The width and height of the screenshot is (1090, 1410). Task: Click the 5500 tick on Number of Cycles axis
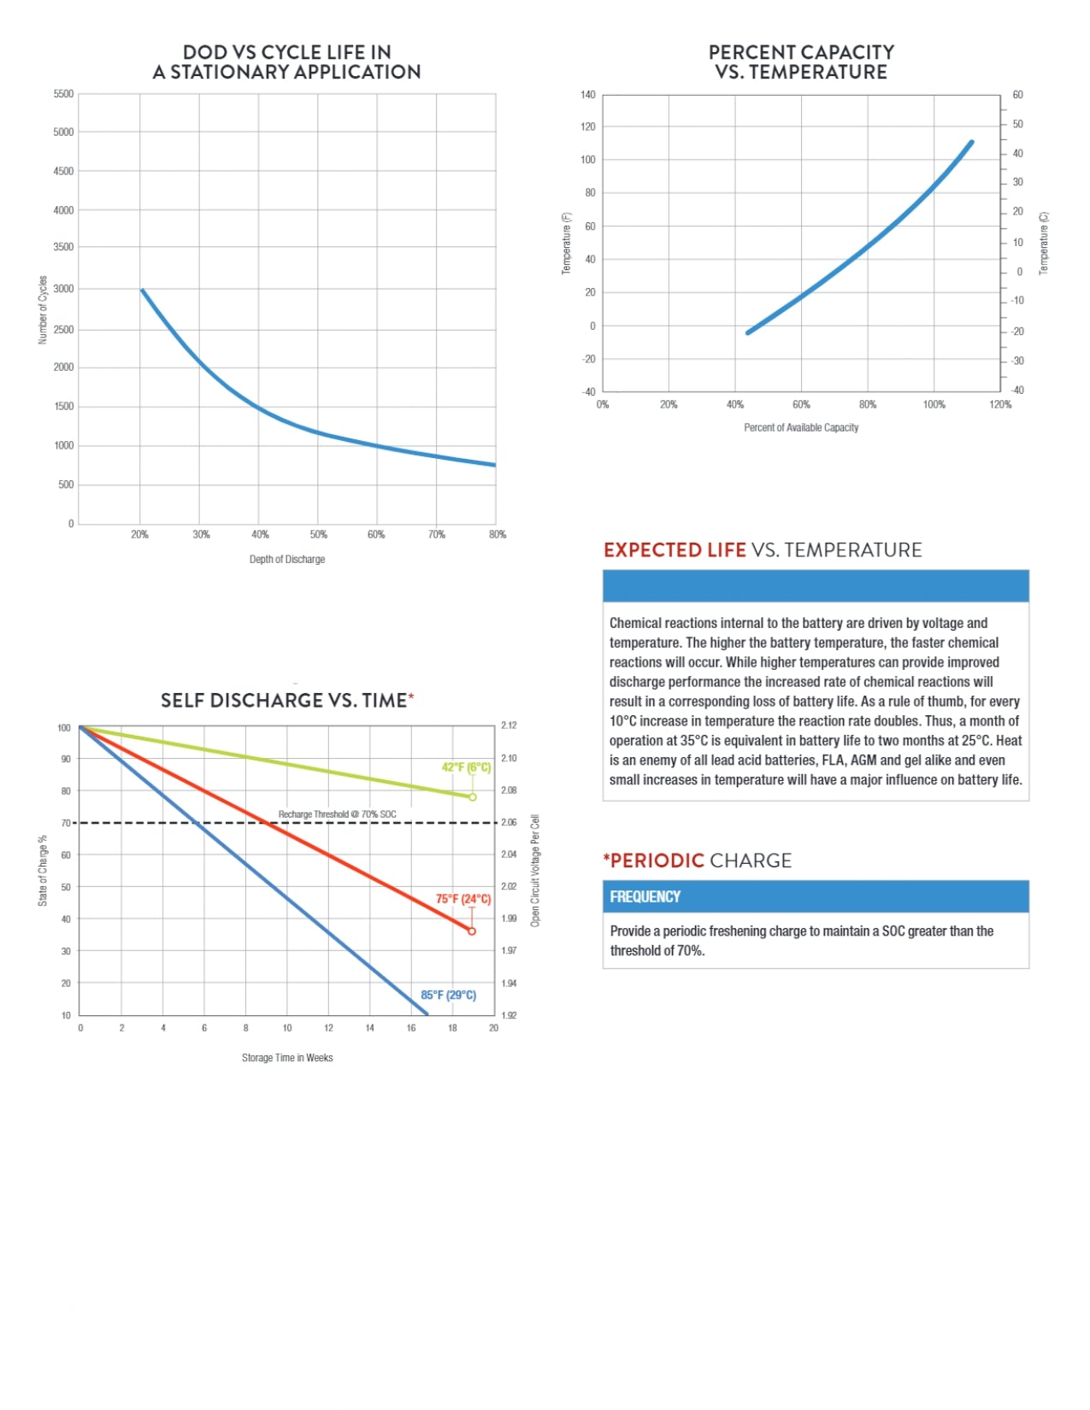(63, 94)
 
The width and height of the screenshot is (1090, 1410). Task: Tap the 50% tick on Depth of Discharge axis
(318, 535)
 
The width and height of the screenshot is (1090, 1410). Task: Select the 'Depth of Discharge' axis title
(287, 560)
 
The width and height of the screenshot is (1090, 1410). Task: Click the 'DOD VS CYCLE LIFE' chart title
(287, 62)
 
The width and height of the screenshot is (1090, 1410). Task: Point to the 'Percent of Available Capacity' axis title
(801, 427)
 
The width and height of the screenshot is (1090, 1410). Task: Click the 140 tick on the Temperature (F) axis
(588, 95)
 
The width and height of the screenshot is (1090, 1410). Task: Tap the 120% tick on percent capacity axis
(1000, 405)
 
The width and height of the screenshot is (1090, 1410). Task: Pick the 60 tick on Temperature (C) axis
(1017, 95)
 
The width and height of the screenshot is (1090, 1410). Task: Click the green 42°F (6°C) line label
(466, 767)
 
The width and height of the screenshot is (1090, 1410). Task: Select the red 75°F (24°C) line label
(463, 899)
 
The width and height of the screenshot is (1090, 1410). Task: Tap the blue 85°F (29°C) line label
(448, 996)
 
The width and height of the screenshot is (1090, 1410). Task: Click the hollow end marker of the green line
(472, 797)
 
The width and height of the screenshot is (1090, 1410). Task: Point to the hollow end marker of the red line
(472, 931)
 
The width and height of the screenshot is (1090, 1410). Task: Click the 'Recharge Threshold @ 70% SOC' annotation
(338, 814)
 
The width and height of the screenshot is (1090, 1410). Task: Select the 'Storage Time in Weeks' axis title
(287, 1058)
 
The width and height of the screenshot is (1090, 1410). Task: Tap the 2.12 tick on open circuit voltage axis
(509, 726)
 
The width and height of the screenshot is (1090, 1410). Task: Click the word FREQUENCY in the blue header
(645, 896)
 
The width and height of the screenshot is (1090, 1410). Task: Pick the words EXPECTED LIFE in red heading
(675, 550)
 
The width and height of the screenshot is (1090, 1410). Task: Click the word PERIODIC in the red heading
(657, 861)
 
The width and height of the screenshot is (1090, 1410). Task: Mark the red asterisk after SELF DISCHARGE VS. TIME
(411, 696)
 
